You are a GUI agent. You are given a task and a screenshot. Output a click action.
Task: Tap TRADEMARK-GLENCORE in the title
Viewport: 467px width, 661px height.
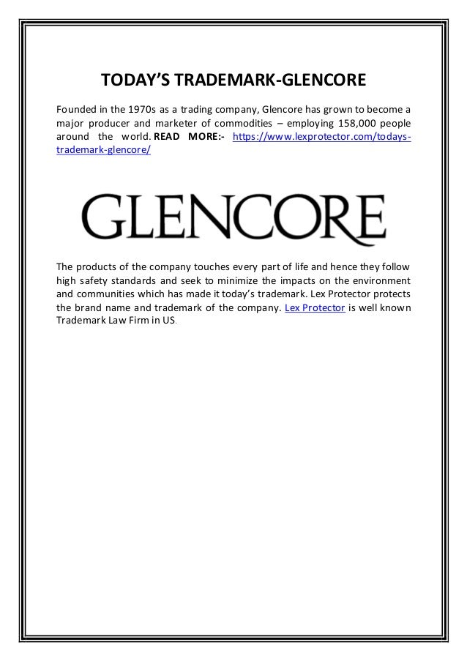(x=266, y=78)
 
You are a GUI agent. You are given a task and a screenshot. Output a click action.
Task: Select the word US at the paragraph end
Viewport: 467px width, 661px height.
(x=170, y=321)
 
